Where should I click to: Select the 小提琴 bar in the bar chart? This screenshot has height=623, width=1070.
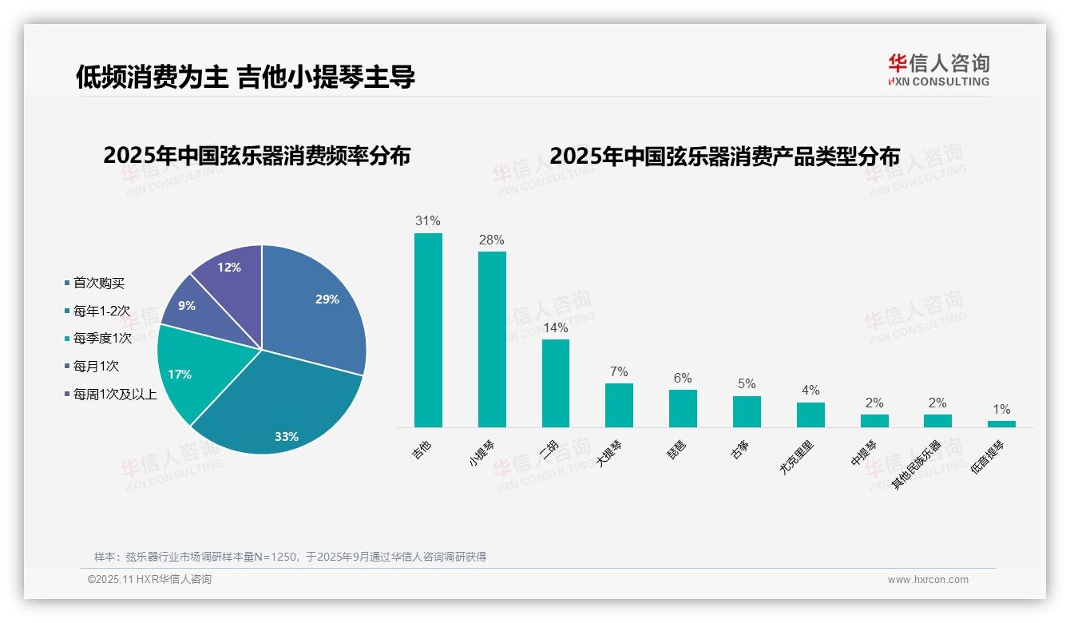coord(492,339)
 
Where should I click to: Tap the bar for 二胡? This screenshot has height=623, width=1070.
coord(556,383)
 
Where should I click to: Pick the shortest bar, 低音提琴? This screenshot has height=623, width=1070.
coord(1002,423)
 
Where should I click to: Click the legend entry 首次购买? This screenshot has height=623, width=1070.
coord(98,283)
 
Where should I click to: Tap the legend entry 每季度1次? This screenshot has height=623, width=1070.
coord(101,339)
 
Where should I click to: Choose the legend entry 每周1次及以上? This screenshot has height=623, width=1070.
coord(114,395)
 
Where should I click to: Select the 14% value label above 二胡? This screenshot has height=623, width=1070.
coord(556,327)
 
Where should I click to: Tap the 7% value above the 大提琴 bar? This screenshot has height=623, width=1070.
coord(619,371)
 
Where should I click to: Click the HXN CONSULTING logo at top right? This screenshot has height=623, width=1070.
coord(938,70)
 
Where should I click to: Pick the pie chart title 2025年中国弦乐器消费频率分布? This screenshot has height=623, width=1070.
coord(256,156)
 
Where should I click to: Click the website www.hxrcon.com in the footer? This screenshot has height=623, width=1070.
coord(928,580)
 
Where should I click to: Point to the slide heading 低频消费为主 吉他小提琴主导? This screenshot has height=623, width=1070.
coord(245,77)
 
